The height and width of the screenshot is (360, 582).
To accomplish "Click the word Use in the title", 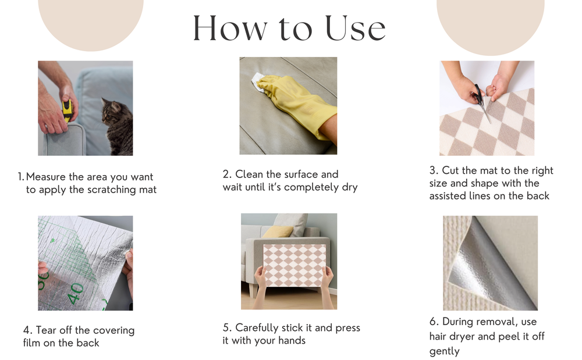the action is (356, 28).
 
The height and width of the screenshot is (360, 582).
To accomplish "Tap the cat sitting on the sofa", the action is (118, 126).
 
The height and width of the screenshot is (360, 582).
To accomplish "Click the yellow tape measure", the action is (67, 111).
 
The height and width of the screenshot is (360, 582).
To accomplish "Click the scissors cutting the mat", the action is (482, 103).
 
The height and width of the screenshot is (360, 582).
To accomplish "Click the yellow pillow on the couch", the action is (278, 232).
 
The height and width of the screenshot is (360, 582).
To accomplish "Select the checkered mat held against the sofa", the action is (294, 265).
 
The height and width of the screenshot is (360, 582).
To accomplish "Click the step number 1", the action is (21, 177).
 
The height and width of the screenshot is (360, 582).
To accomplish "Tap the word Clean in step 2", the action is (250, 174).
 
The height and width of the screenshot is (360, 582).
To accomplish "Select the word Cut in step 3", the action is (450, 170).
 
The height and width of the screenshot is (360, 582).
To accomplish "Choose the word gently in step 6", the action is (444, 351).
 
